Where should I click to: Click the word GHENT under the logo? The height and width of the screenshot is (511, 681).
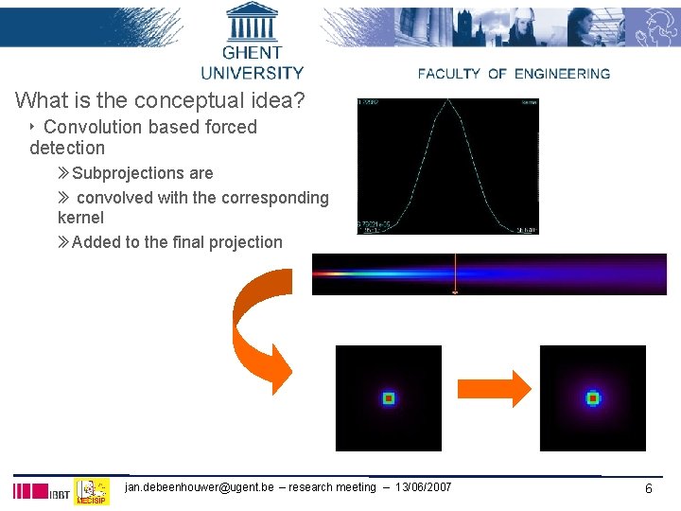[x=252, y=53]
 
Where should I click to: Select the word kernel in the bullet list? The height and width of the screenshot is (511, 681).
[x=80, y=218]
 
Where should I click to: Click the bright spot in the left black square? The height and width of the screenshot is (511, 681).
[x=388, y=398]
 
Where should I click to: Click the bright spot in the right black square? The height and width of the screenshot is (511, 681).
[x=592, y=398]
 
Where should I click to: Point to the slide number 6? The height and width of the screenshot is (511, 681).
[x=649, y=488]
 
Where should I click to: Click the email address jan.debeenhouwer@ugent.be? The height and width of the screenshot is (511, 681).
[x=200, y=487]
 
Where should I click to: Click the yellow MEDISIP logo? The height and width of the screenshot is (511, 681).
[x=92, y=491]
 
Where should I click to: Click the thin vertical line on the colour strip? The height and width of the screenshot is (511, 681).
[x=455, y=273]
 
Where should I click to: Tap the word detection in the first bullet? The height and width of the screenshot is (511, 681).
[x=67, y=149]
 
